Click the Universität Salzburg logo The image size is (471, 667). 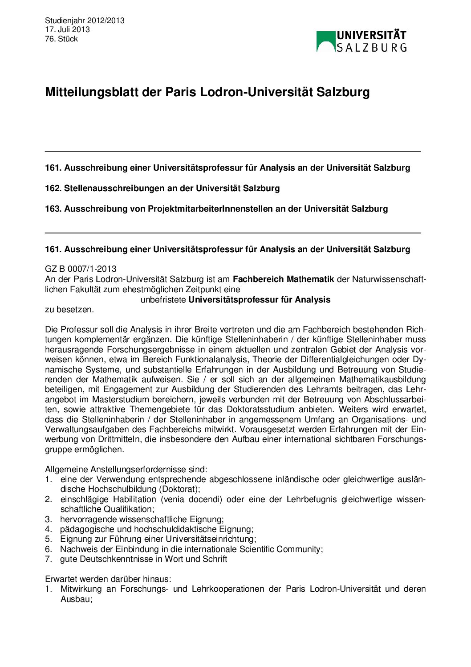pos(361,41)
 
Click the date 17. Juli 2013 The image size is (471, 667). pos(67,29)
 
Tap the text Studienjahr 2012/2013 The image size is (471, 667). pos(85,20)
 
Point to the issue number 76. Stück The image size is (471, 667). pos(61,39)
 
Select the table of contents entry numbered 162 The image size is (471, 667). pos(162,188)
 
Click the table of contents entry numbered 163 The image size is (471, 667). pos(216,209)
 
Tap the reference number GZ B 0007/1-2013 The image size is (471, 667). pos(81,269)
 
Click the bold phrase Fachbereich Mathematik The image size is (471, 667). pos(283,279)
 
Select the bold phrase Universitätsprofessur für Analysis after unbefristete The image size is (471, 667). pos(259,300)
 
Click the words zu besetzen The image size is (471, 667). pos(69,310)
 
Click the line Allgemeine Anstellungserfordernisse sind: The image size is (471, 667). pos(126,470)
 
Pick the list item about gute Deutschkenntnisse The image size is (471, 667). pos(143,559)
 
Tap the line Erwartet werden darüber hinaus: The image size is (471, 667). pos(108,579)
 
